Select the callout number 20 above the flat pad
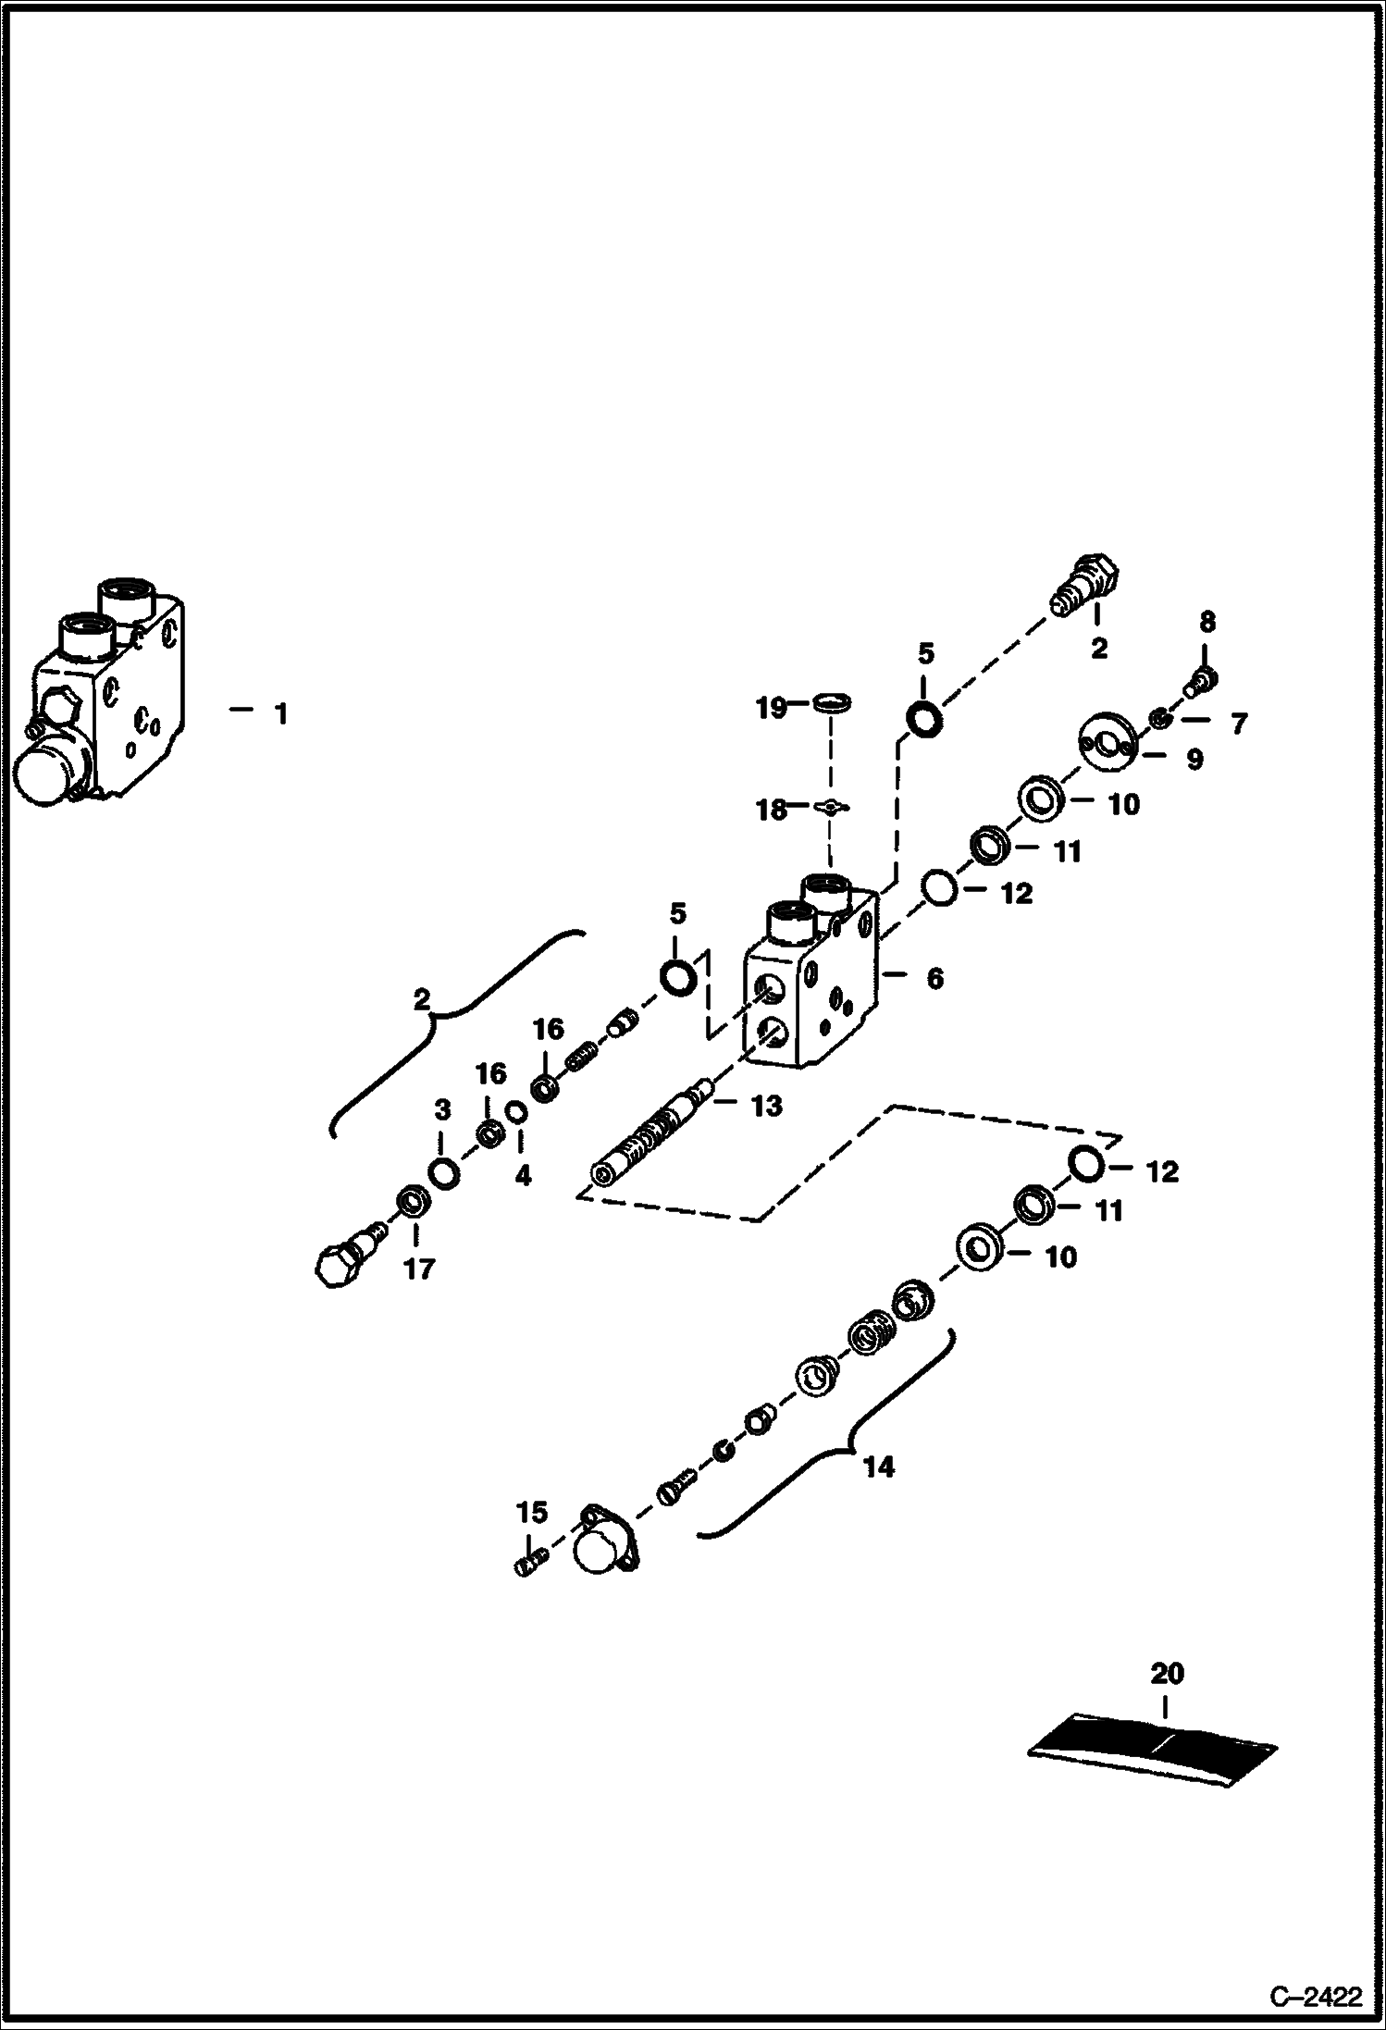[x=1166, y=1673]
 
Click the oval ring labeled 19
[x=833, y=705]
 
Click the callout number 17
[x=418, y=1269]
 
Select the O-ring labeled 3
[x=442, y=1173]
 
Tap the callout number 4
[x=522, y=1176]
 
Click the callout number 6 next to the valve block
[x=934, y=978]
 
